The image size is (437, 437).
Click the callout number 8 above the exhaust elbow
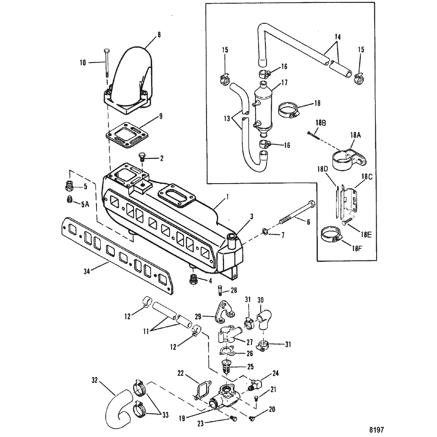click(x=159, y=35)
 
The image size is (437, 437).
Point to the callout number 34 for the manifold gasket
click(x=87, y=271)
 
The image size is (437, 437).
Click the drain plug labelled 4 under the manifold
click(x=193, y=280)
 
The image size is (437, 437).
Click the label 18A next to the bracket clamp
click(x=355, y=135)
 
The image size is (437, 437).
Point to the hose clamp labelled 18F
click(x=331, y=234)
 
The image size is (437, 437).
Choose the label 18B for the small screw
click(x=321, y=123)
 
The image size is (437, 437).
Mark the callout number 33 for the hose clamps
click(x=165, y=415)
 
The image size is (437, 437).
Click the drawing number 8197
click(x=377, y=430)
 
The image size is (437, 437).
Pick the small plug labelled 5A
click(x=70, y=199)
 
